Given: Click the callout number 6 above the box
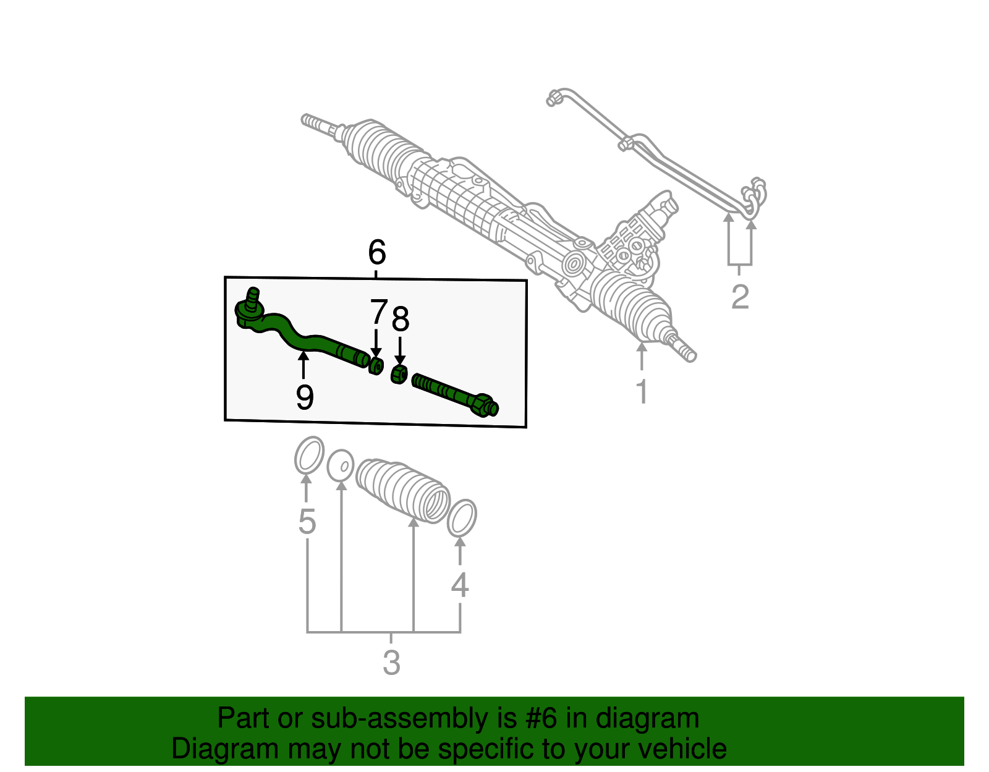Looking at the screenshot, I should pos(376,253).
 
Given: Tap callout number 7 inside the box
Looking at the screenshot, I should pos(378,312).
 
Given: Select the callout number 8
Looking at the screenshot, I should pos(401,320).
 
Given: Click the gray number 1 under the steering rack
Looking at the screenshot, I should pos(642,391).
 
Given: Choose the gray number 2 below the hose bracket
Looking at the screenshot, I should pos(740,297).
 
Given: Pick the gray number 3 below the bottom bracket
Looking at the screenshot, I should pos(391,663).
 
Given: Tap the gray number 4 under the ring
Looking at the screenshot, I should pos(459,585).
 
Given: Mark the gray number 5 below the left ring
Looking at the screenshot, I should pos(307,522).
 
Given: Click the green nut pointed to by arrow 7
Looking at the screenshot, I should pos(376,365).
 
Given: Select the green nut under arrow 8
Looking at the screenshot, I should pos(399,374).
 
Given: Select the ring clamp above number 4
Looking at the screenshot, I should pos(462,518).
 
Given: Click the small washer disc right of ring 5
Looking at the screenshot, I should pos(341,465).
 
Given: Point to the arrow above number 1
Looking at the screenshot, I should pos(642,355).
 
